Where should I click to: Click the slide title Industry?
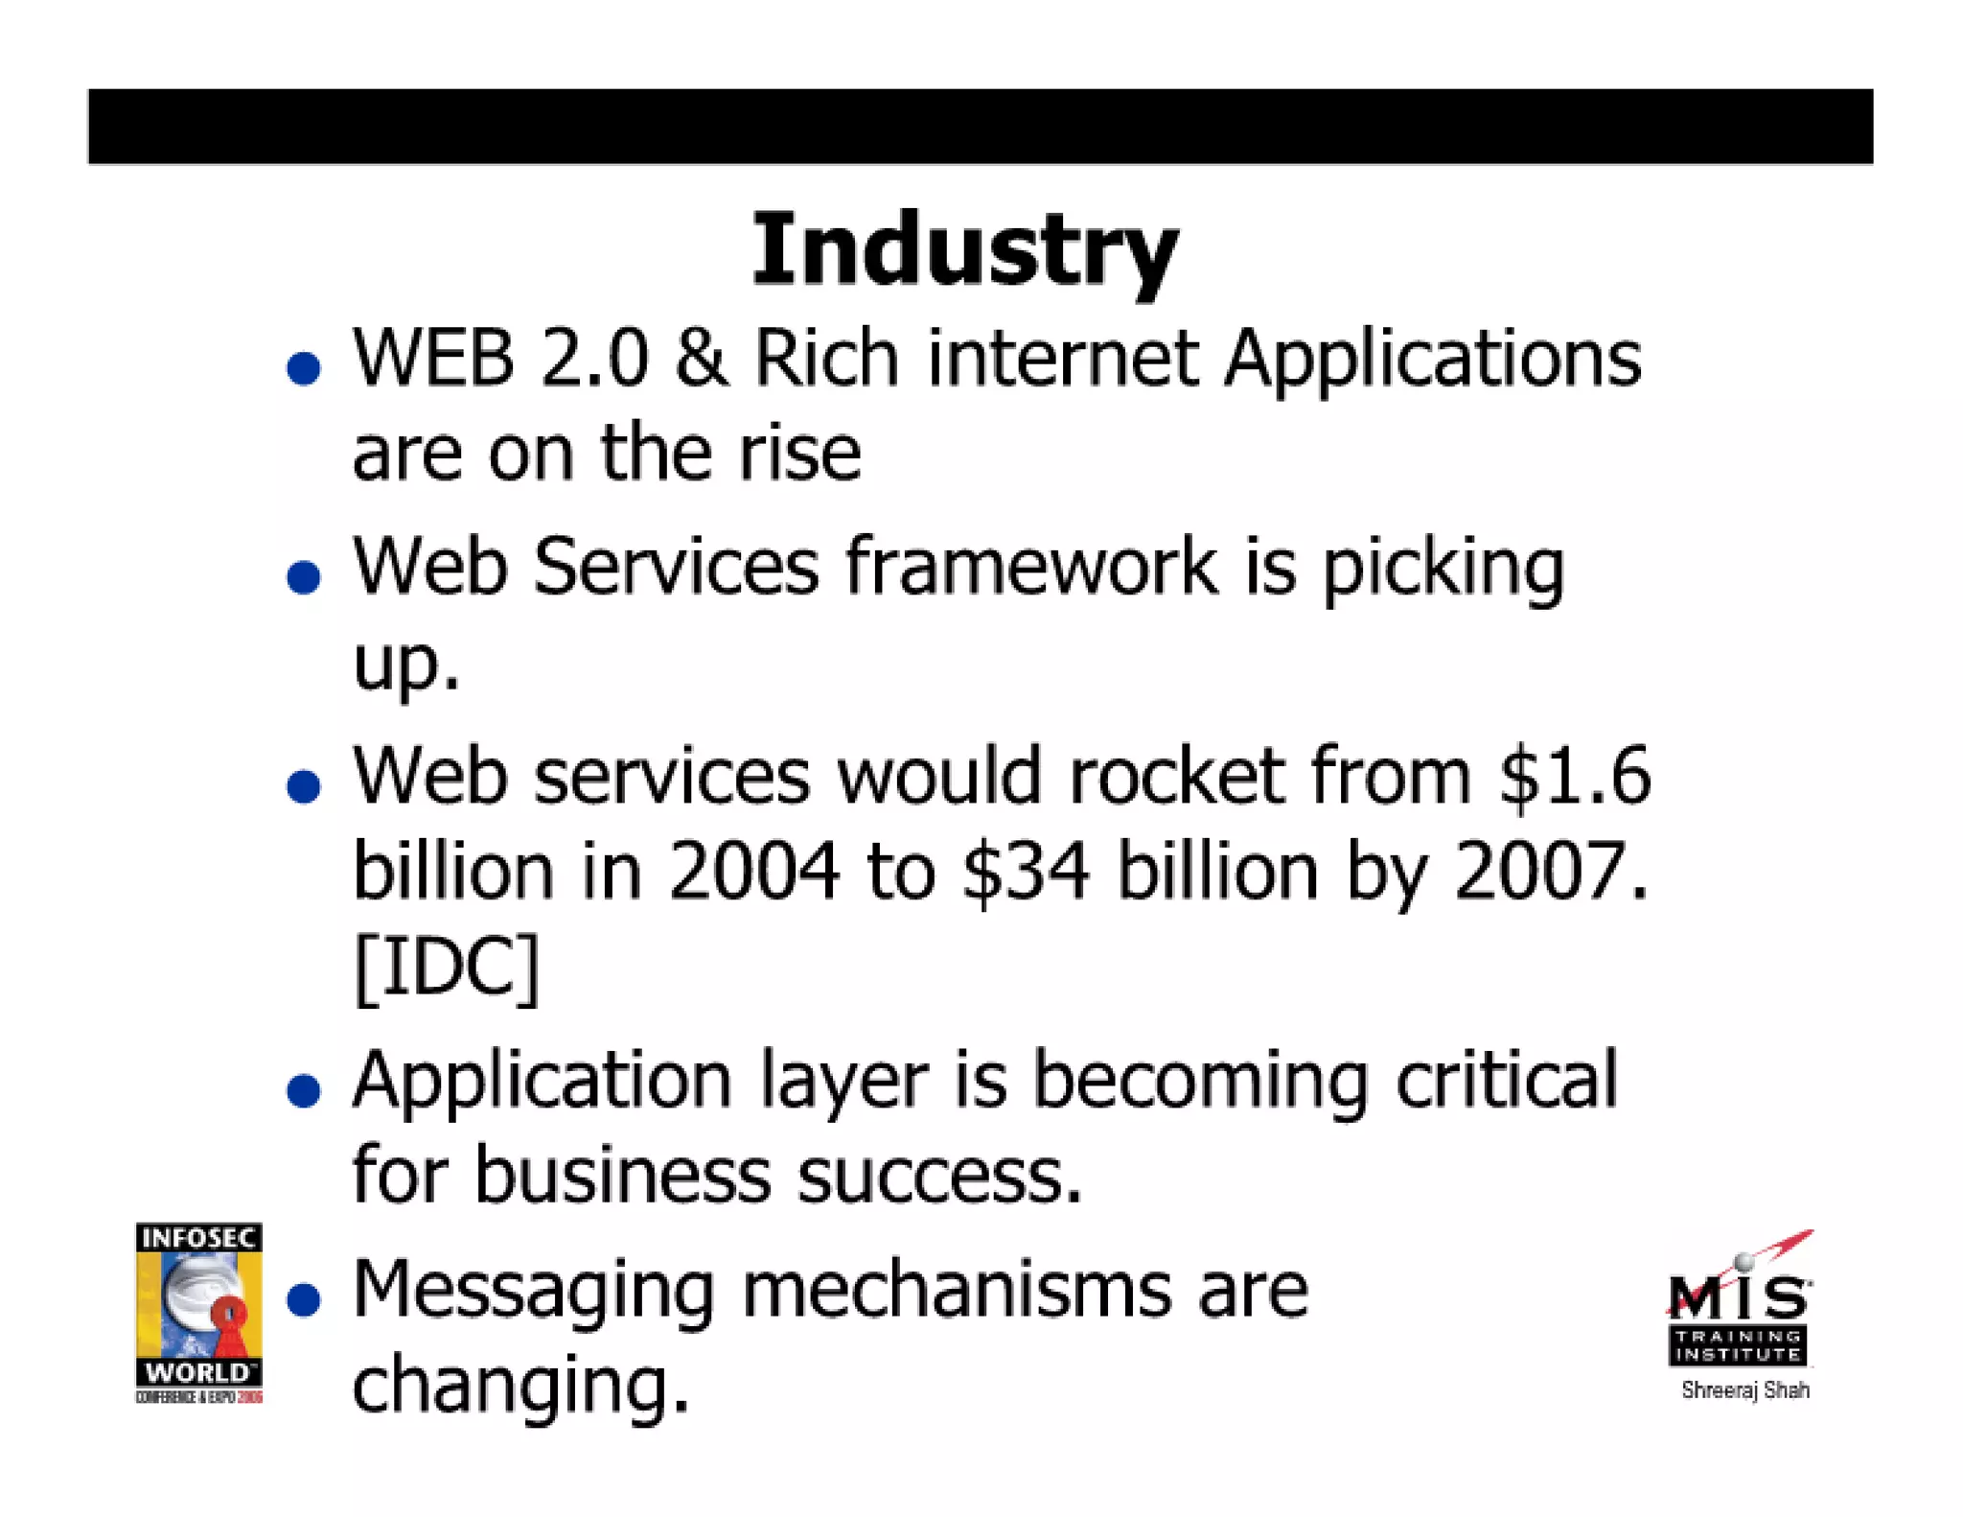(x=964, y=249)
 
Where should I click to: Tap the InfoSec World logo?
(x=198, y=1312)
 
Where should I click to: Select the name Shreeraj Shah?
(x=1744, y=1390)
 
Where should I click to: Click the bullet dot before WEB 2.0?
(x=304, y=368)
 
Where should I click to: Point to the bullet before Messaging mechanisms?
(x=304, y=1299)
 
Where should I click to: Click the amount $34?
(x=1026, y=871)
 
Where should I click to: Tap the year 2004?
(x=753, y=871)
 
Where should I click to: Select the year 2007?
(x=1549, y=871)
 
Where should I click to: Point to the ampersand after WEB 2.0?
(x=701, y=358)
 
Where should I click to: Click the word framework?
(x=1031, y=567)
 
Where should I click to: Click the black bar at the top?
(x=980, y=127)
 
